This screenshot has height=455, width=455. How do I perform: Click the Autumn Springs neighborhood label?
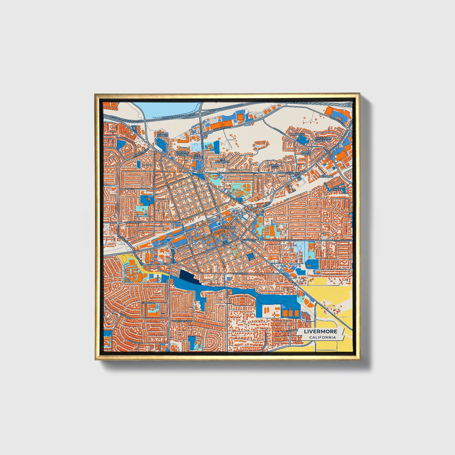tap(163, 135)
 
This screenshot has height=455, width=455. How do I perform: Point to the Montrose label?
tap(297, 134)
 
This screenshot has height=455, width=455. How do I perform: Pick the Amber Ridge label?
tap(306, 153)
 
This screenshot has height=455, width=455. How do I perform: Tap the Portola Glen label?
tap(273, 166)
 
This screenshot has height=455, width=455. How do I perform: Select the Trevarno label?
tap(326, 177)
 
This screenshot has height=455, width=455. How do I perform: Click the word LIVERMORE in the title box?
tap(321, 332)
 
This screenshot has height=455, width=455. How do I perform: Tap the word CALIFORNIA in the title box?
tap(322, 338)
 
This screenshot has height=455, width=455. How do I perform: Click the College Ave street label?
tap(239, 274)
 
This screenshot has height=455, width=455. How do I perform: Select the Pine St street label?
tap(130, 189)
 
